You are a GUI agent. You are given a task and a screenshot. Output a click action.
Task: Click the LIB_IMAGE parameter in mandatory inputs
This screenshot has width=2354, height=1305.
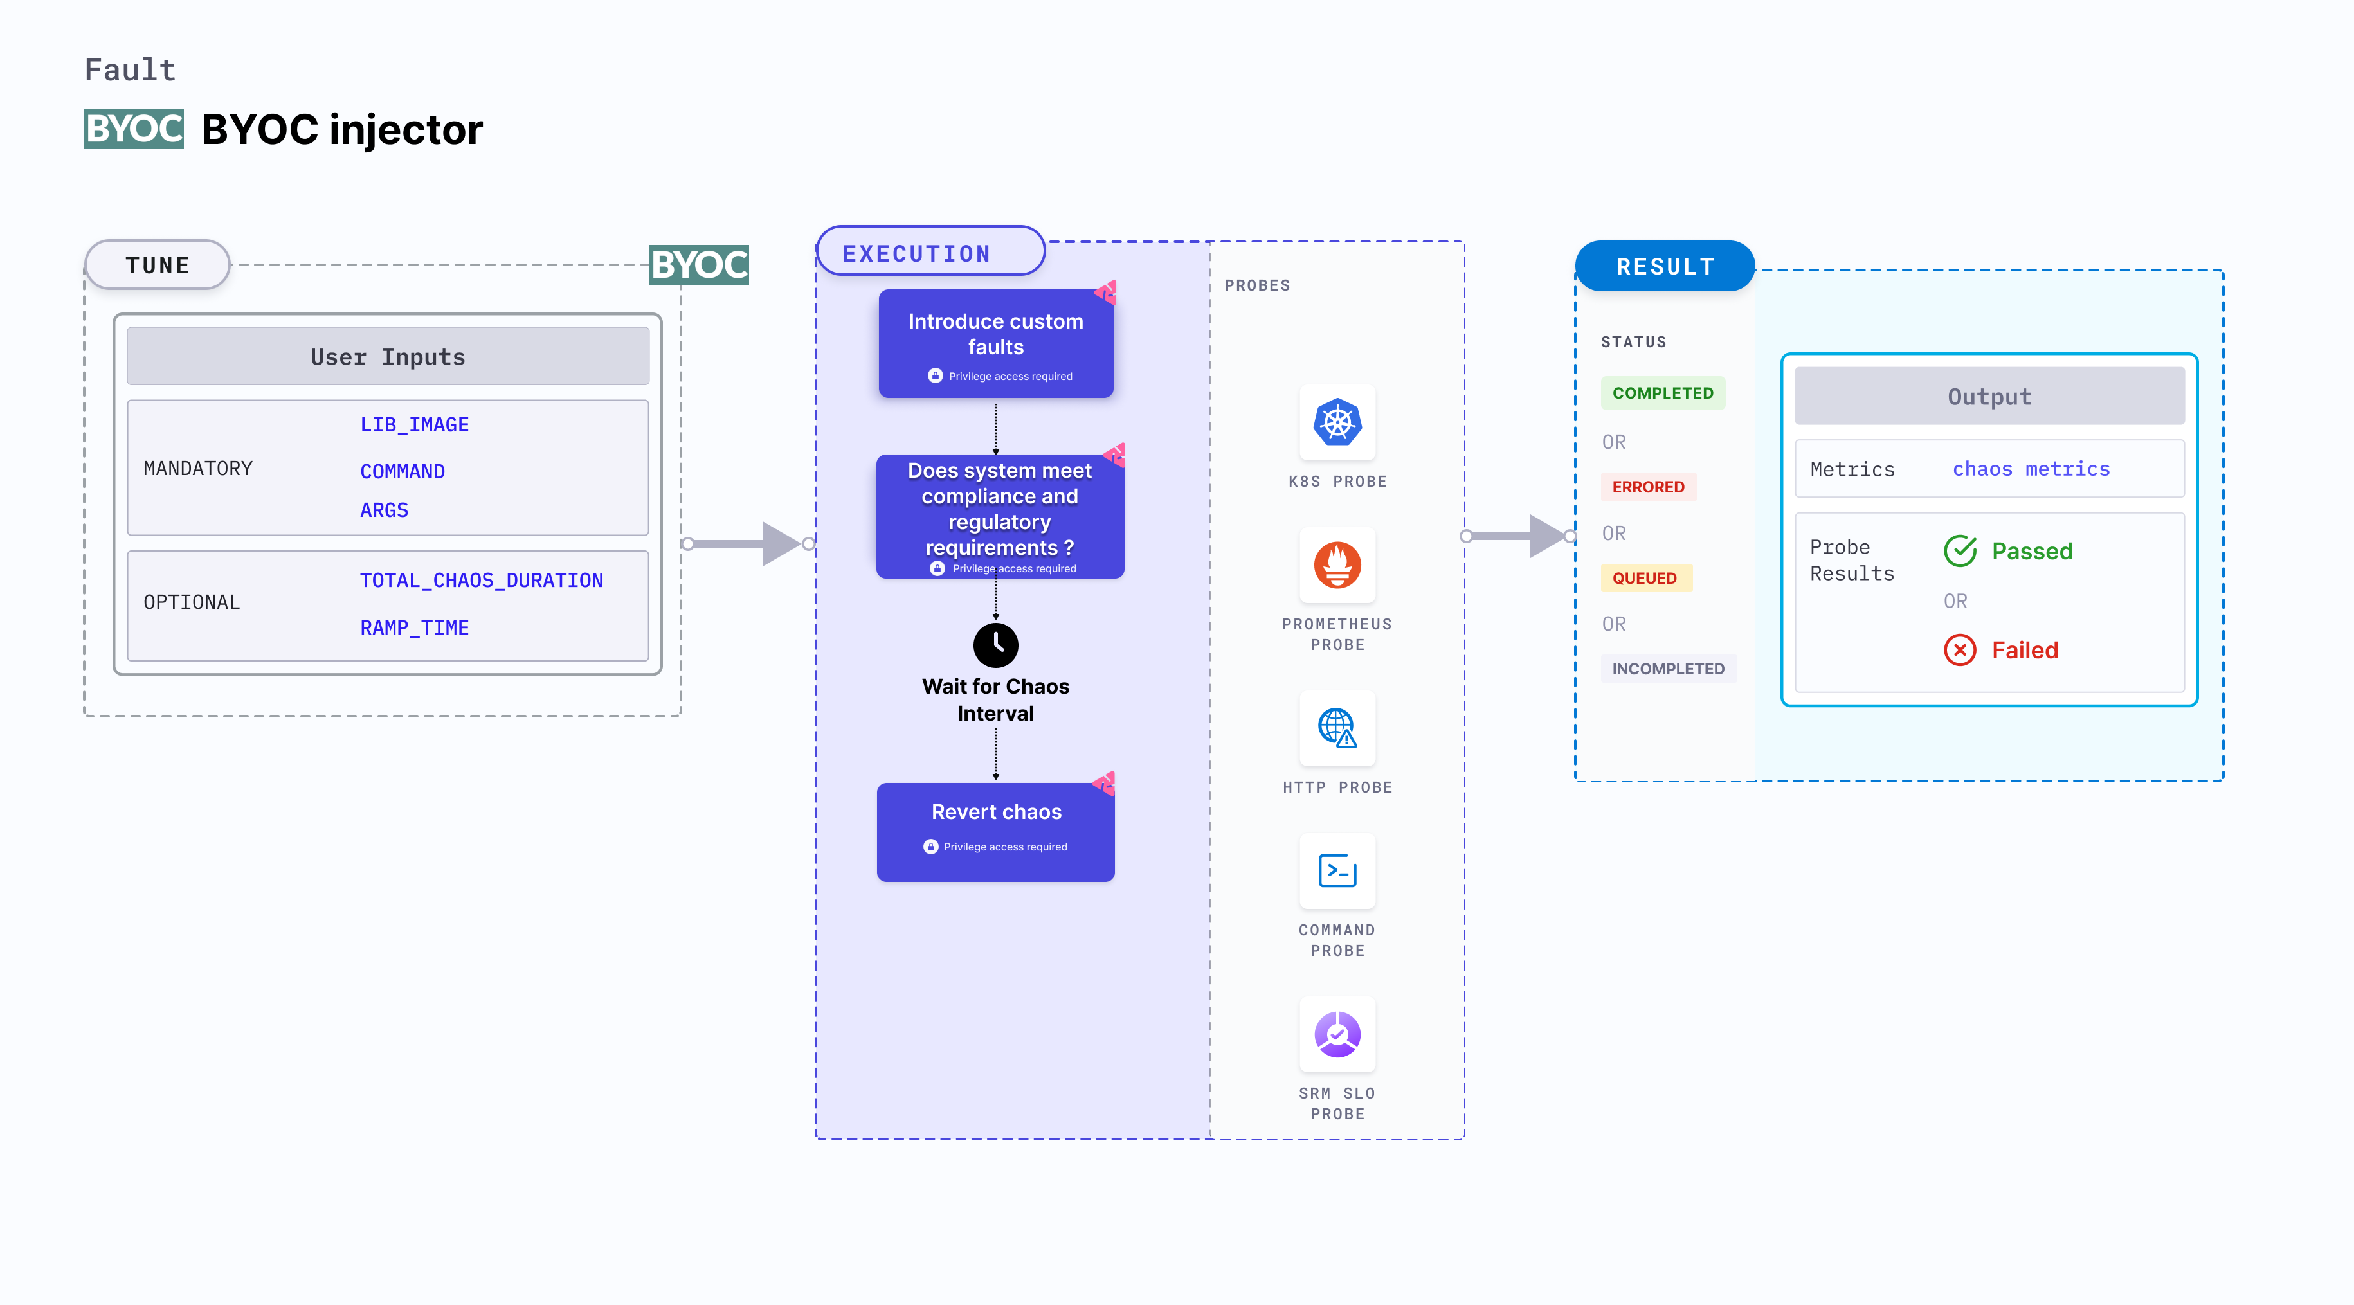[414, 425]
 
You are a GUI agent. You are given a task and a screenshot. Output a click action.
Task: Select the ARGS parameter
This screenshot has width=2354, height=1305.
[384, 510]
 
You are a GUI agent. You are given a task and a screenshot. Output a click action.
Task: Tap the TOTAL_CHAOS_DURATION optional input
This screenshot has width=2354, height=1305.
[481, 580]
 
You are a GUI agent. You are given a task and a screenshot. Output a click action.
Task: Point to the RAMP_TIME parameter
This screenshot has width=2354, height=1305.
[414, 628]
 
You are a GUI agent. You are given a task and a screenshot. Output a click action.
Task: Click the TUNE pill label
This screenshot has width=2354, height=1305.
[157, 265]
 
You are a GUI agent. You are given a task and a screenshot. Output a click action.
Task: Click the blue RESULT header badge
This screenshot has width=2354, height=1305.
[1664, 267]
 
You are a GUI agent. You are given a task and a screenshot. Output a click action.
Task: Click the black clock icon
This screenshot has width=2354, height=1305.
[995, 645]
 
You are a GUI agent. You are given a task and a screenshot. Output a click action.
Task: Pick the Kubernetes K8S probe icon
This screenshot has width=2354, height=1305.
[1337, 423]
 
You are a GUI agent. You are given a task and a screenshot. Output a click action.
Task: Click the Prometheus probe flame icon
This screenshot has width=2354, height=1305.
[1337, 566]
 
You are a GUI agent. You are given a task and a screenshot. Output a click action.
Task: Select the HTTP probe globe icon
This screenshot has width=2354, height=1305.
[1337, 728]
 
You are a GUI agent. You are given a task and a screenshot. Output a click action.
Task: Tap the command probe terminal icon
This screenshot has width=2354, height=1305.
[1337, 871]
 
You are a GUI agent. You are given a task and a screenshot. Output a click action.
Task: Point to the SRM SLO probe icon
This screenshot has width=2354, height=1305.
[1337, 1034]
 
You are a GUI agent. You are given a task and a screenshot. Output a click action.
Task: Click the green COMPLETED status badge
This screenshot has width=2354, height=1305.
[1662, 393]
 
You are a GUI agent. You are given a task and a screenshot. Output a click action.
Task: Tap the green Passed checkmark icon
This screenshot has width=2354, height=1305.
[1959, 551]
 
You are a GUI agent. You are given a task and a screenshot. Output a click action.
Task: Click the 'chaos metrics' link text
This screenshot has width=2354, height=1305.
[2031, 469]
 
